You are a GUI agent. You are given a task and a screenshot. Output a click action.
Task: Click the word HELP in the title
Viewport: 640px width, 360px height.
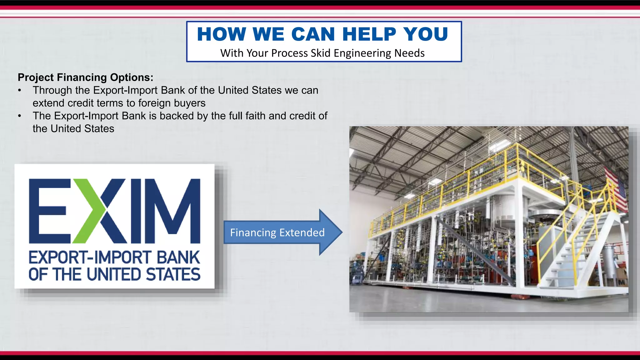[369, 34]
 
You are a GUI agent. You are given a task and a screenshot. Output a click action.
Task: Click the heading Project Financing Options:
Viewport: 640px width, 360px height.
[86, 77]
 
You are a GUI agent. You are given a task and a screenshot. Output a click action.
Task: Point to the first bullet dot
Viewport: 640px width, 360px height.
[20, 91]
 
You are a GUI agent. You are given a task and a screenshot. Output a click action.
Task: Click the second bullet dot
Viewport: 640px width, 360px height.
[20, 116]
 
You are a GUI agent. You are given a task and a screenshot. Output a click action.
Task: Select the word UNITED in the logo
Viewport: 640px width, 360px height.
[114, 274]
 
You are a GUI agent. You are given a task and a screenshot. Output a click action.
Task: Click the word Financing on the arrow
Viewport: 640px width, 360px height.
[253, 232]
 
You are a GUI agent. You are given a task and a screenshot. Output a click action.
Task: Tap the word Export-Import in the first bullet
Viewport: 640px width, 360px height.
[125, 90]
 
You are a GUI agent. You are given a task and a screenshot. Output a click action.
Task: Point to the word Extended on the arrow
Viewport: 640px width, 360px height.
[302, 232]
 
